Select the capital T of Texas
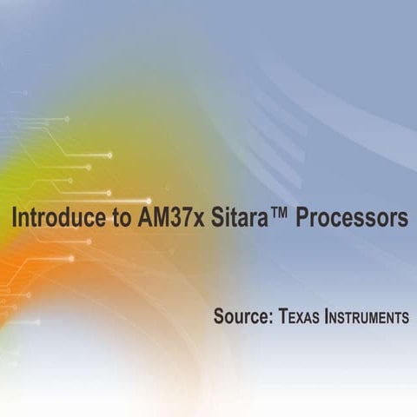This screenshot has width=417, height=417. [283, 317]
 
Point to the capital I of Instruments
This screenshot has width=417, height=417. [327, 317]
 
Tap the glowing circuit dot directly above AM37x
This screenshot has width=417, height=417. [148, 201]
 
